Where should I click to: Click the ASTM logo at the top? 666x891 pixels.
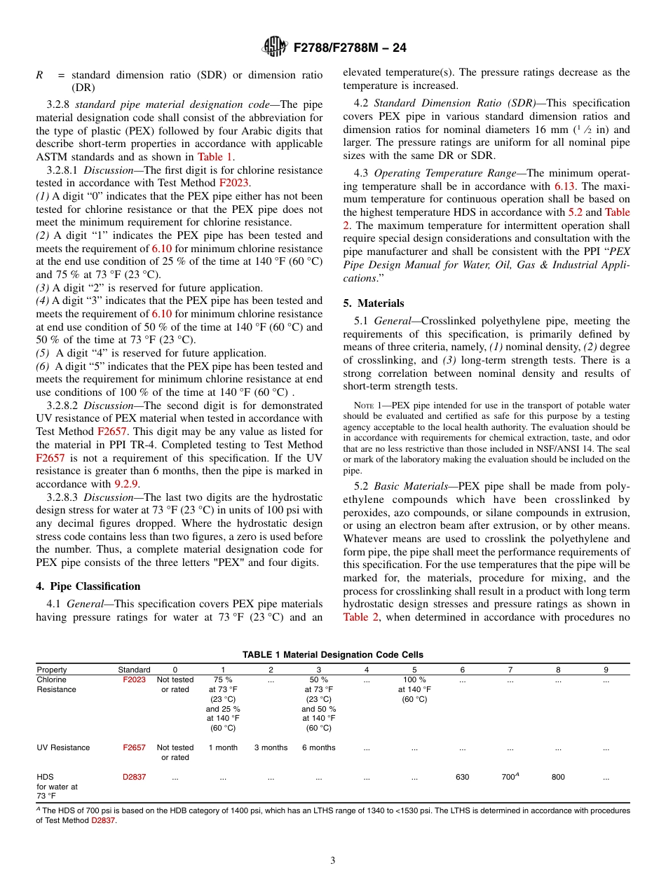(274, 48)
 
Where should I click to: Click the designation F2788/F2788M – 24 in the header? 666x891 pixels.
(350, 48)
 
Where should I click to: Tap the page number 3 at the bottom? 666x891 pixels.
(333, 860)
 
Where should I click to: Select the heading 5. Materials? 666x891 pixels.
(374, 303)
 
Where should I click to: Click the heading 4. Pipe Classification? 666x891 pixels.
(88, 586)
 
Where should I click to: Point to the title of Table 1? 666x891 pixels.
(333, 655)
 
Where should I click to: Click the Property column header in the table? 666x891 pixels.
(52, 670)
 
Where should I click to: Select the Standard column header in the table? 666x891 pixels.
(134, 670)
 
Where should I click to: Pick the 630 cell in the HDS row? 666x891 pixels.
(463, 777)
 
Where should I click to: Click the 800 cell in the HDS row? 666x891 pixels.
(558, 777)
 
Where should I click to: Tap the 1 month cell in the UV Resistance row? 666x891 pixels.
(223, 747)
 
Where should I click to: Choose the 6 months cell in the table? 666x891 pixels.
(319, 747)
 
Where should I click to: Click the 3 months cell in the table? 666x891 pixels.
(271, 747)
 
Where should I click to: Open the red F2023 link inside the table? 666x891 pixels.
(134, 679)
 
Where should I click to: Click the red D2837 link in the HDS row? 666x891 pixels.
(134, 777)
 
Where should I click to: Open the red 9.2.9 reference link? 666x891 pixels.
(127, 483)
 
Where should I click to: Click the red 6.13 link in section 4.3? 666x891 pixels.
(565, 186)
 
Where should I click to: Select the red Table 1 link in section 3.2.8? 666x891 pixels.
(215, 157)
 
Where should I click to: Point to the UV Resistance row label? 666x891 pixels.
(63, 747)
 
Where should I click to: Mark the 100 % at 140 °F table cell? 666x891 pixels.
(414, 689)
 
